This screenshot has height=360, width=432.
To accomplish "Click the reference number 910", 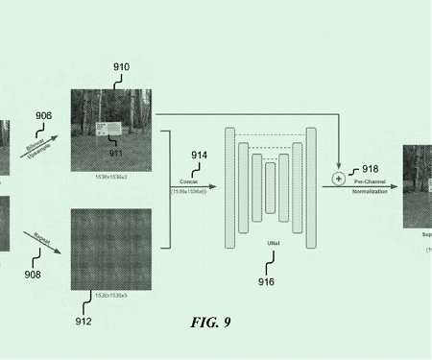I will tap(121, 67).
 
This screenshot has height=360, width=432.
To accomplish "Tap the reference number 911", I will tap(114, 153).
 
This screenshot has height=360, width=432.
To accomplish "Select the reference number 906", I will tap(43, 116).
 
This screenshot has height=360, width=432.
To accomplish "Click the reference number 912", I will tap(84, 321).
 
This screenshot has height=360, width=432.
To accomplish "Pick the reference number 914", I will tap(199, 155).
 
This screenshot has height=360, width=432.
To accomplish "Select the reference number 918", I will tap(371, 169).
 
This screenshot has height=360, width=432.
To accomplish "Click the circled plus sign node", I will tap(338, 179).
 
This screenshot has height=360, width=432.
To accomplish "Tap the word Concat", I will tap(189, 181).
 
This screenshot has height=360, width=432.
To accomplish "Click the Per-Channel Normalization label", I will tap(371, 186).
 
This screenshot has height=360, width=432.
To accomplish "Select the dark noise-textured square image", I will tap(111, 248).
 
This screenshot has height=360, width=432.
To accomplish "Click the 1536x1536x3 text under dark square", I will tap(111, 294).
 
